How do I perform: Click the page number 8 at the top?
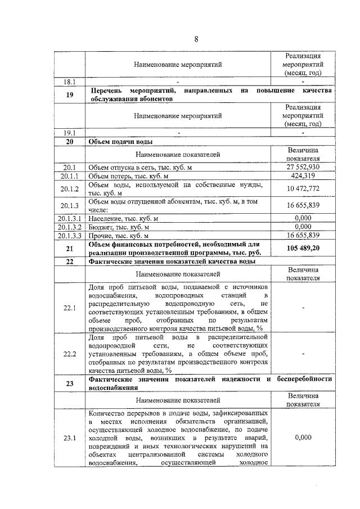[x=196, y=39]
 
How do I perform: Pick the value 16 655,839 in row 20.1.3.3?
[x=303, y=235]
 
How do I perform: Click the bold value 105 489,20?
[x=303, y=248]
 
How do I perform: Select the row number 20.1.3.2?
[x=70, y=227]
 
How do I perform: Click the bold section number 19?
[x=70, y=94]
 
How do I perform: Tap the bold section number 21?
[x=70, y=248]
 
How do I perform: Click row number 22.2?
[x=70, y=354]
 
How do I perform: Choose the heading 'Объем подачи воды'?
[x=121, y=141]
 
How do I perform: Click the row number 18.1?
[x=70, y=82]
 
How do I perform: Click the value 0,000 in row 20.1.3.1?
[x=303, y=218]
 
